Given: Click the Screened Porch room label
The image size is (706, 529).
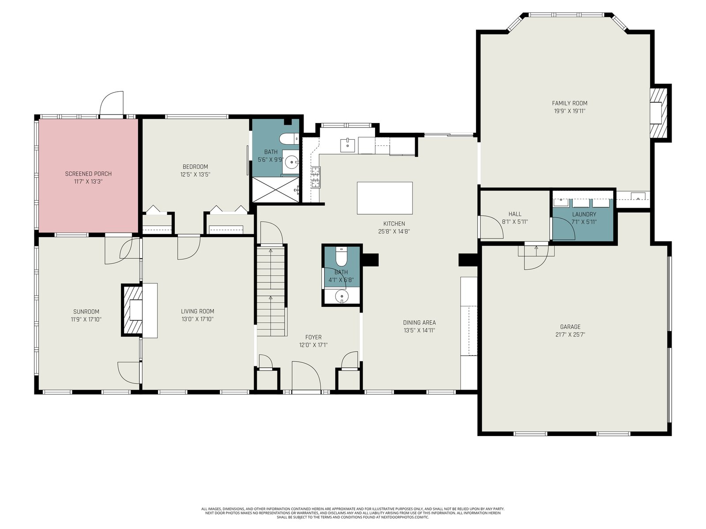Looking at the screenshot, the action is (88, 174).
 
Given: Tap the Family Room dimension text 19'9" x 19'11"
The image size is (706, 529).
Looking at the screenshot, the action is (570, 111).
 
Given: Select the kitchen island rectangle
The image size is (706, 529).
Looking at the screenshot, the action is (385, 198).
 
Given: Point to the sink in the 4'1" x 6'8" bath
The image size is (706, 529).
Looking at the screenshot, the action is (342, 296).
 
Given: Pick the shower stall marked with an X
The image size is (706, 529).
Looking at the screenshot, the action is (276, 190).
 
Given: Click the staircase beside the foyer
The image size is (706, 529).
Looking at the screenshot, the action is (271, 291).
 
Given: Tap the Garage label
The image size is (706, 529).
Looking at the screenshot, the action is (570, 327).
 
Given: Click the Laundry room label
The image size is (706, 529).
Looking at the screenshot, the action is (584, 214).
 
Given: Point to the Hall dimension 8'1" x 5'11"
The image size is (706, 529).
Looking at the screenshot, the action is (515, 222).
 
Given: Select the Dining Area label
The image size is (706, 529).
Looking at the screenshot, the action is (420, 323).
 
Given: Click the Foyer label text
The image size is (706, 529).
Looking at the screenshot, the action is (313, 337).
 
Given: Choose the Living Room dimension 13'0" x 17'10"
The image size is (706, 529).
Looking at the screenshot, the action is (198, 319).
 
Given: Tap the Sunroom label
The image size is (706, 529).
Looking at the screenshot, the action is (86, 312).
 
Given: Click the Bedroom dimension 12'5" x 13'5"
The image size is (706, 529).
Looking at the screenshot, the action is (195, 175).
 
